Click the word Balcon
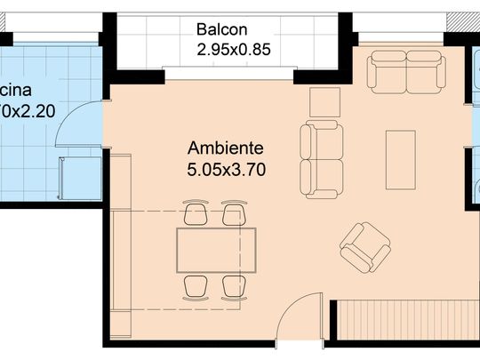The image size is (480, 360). click(223, 29)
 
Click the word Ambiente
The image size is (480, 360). click(227, 147)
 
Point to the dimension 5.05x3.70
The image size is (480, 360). click(227, 166)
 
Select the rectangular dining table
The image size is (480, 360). click(216, 251)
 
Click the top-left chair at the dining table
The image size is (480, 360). click(196, 214)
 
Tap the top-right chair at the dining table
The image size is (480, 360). click(234, 214)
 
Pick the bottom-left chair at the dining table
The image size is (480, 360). click(196, 286)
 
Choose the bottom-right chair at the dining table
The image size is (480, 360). click(234, 286)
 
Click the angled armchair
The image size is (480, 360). click(365, 247)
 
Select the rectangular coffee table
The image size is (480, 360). click(400, 159)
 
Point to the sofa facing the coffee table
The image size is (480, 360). click(321, 160)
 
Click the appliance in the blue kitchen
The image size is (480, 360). click(69, 176)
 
